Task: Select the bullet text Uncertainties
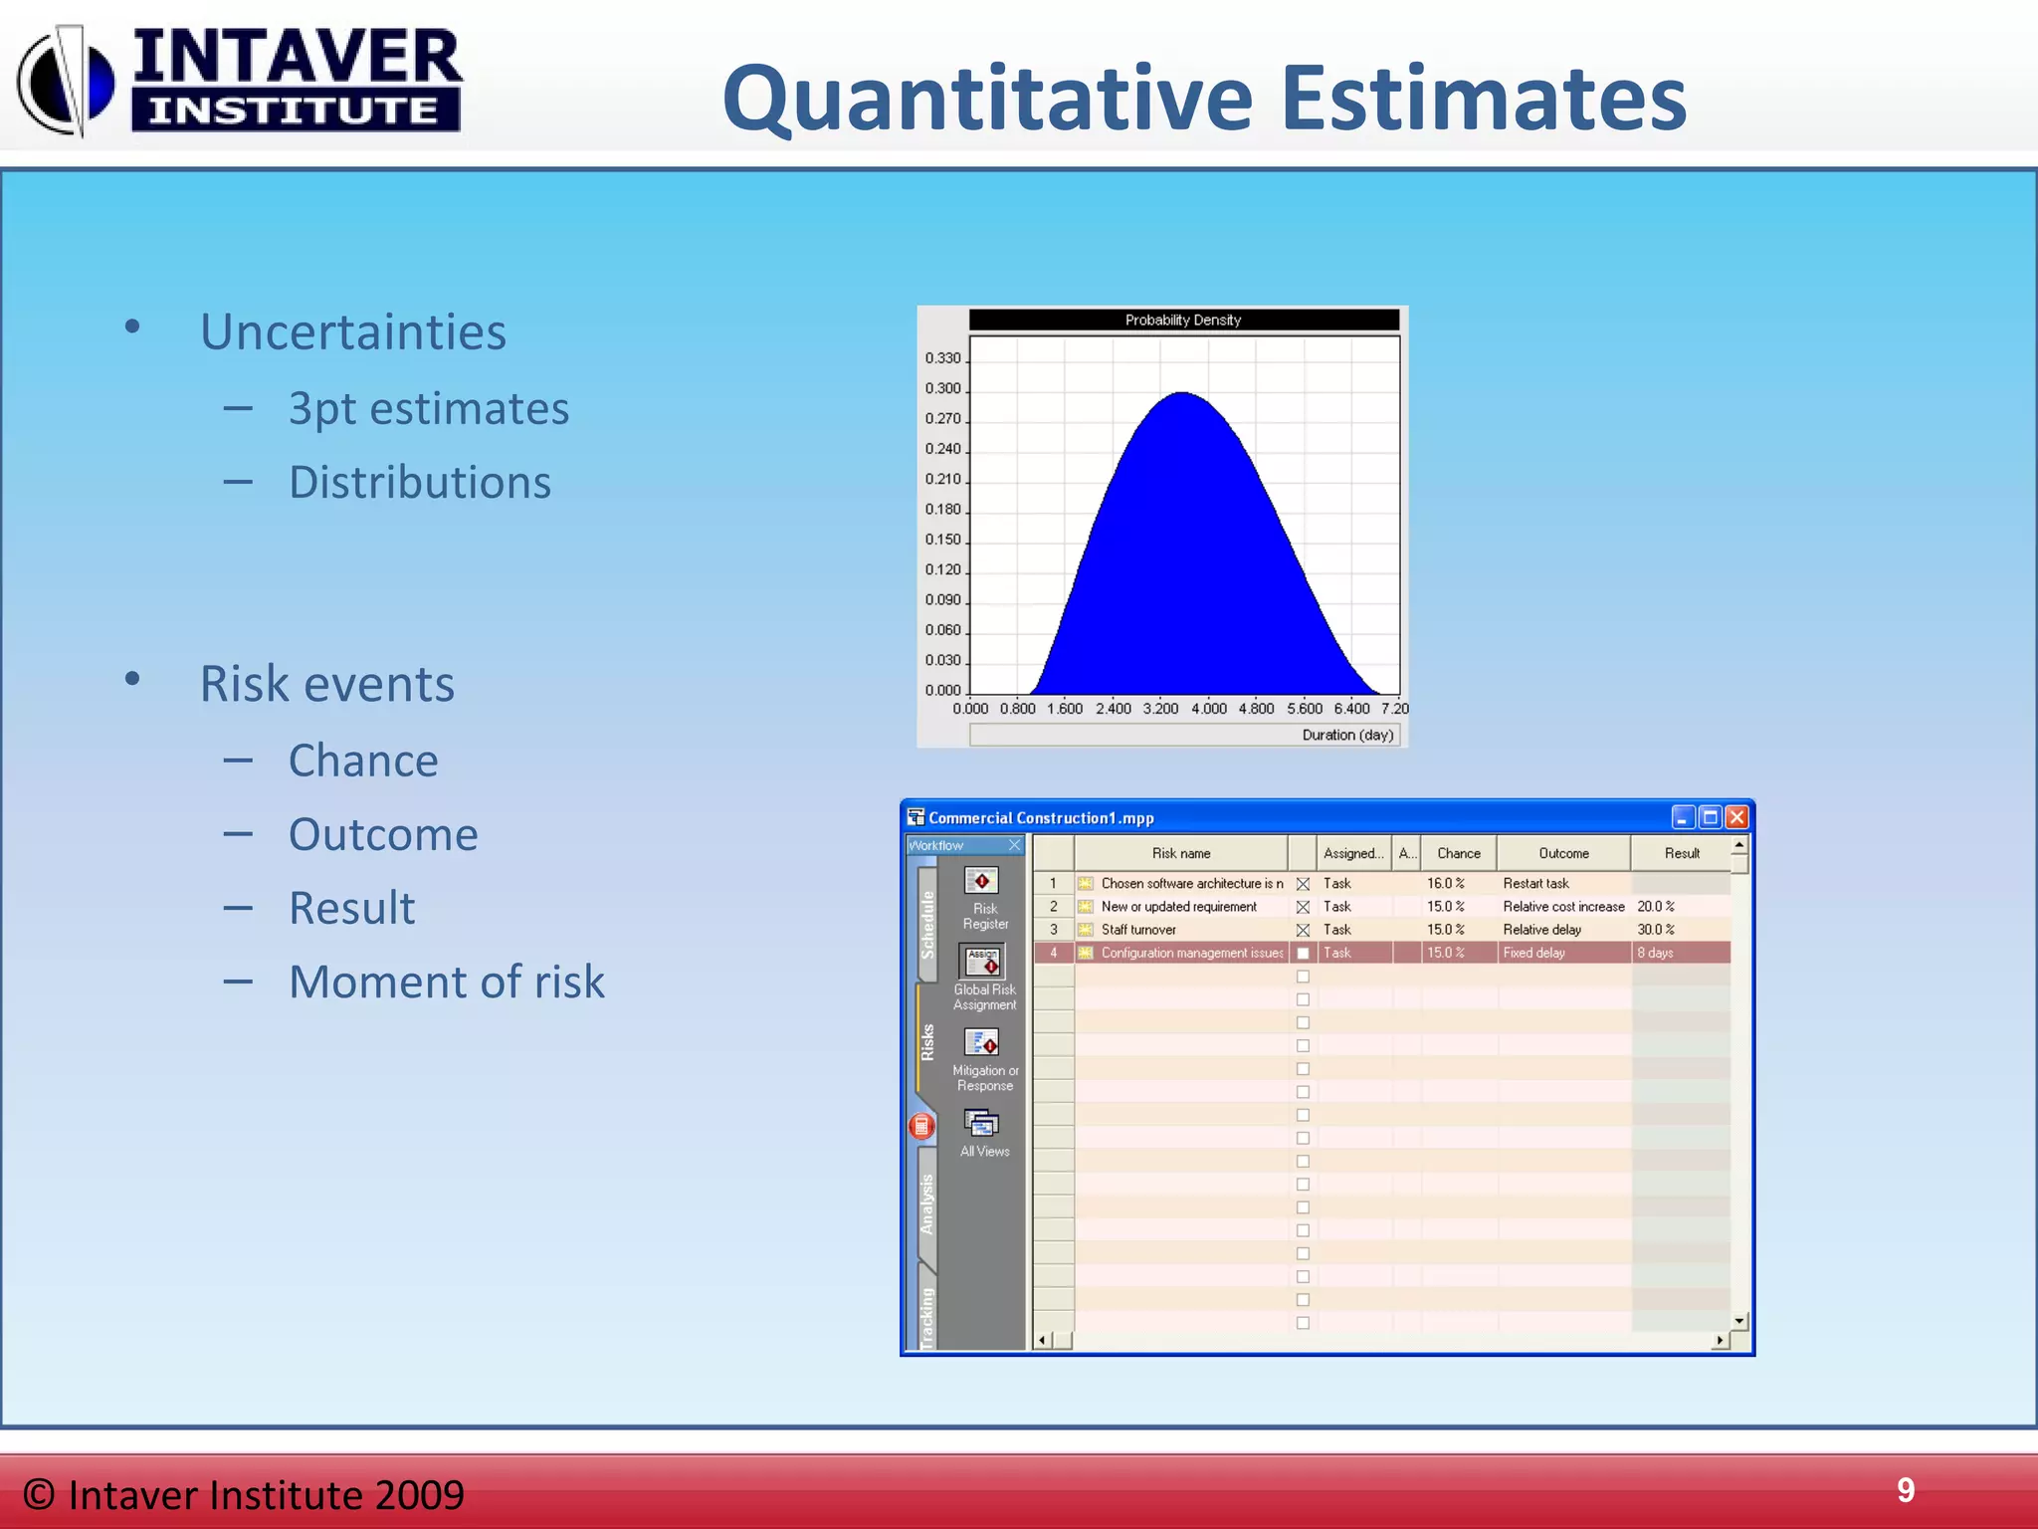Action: [352, 331]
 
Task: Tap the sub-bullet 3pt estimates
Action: [428, 408]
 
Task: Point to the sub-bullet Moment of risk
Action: [446, 982]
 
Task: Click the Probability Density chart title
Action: [1182, 320]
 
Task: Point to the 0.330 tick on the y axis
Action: [942, 357]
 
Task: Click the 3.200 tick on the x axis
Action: [1160, 709]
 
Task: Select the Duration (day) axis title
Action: [1347, 735]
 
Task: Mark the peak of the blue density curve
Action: [1182, 393]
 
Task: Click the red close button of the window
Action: [1736, 817]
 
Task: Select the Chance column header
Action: [1458, 853]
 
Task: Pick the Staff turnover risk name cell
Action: [1138, 930]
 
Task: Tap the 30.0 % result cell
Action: [1655, 930]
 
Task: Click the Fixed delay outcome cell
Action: [1533, 953]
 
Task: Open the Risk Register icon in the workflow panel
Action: [982, 881]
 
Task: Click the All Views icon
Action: [982, 1124]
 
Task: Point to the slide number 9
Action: [1905, 1490]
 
